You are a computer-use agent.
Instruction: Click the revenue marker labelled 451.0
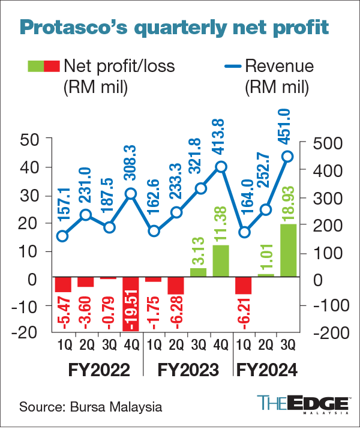pos(287,156)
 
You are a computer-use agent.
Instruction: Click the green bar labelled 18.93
pos(287,250)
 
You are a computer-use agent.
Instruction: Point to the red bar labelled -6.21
pos(243,286)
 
